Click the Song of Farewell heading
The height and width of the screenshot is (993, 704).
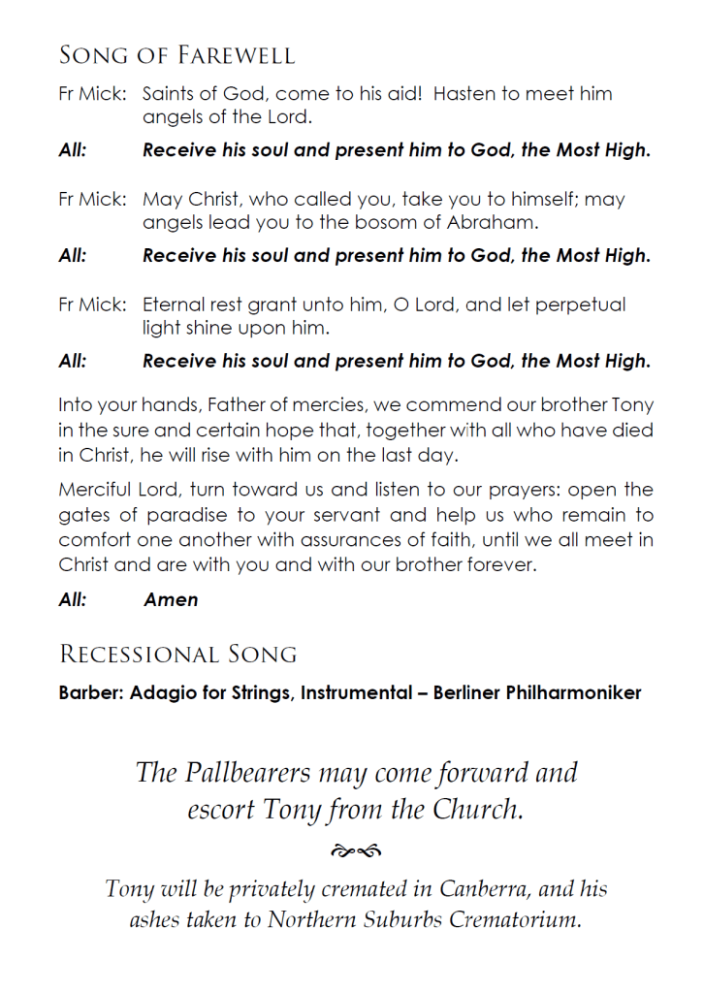click(x=176, y=55)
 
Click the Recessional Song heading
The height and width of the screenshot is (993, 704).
click(x=177, y=655)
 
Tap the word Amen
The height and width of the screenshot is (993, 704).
click(x=171, y=599)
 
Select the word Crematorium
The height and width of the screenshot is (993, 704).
click(x=514, y=920)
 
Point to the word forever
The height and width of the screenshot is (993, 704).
click(x=497, y=565)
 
